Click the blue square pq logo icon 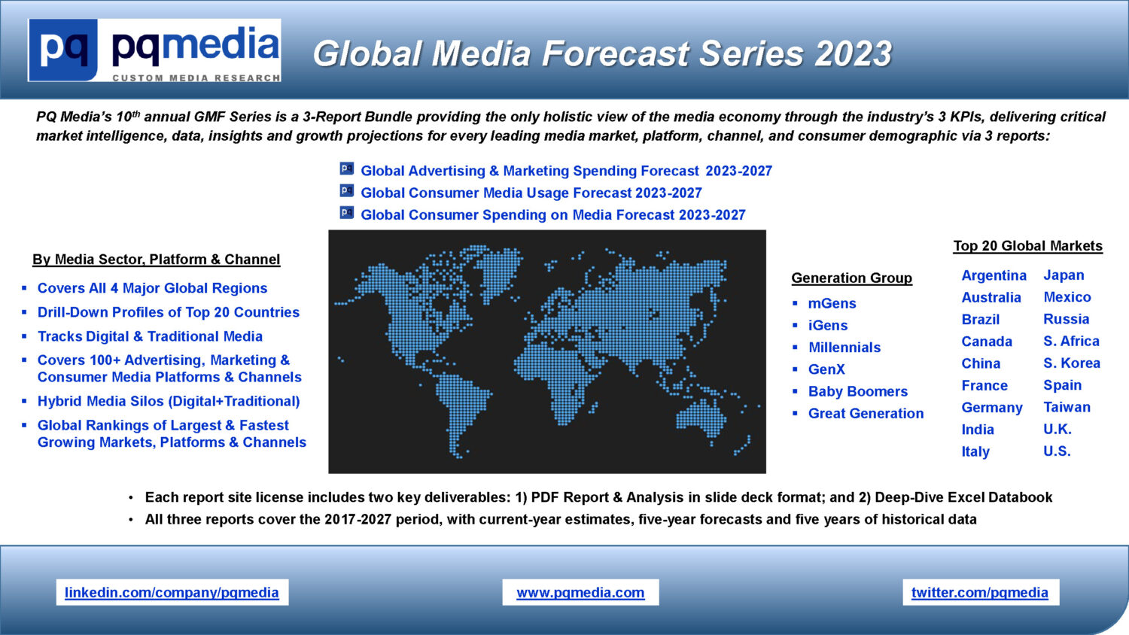(x=63, y=50)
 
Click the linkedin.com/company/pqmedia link (x=172, y=592)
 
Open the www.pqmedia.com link (x=580, y=592)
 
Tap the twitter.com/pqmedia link (x=980, y=592)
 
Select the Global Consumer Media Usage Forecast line (x=531, y=193)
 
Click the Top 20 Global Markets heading (x=1027, y=246)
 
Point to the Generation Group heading (x=852, y=278)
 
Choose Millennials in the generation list (x=844, y=348)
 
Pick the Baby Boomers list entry (x=858, y=391)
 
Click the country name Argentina (x=994, y=275)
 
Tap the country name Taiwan (x=1067, y=407)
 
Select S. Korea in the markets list (x=1072, y=363)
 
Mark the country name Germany (x=992, y=407)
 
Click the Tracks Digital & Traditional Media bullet (x=150, y=336)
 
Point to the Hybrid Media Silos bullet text (x=169, y=401)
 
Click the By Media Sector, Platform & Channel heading (x=157, y=259)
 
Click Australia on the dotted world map (x=701, y=418)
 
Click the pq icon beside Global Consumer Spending (x=347, y=213)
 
